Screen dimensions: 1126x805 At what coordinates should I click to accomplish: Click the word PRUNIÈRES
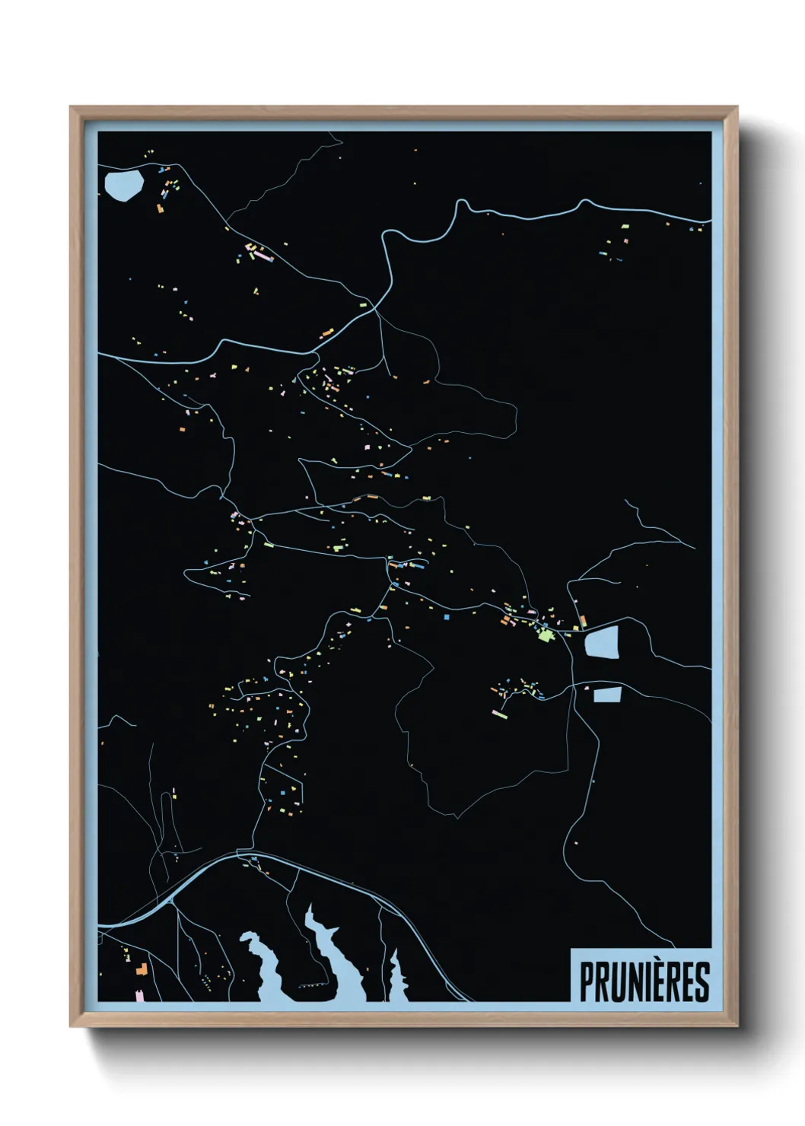(644, 981)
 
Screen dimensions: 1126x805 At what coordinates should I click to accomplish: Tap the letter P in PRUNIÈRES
(587, 981)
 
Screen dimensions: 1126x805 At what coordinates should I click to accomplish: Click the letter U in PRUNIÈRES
(618, 981)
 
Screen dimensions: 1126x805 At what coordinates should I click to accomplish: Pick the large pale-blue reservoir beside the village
(602, 642)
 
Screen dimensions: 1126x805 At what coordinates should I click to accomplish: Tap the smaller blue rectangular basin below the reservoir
(607, 694)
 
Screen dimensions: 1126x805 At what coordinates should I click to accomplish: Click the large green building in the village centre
(545, 634)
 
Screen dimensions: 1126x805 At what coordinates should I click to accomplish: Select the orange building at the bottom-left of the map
(141, 969)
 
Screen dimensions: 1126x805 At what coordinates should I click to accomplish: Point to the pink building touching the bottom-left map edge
(139, 995)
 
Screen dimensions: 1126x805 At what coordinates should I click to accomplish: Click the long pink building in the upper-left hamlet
(262, 256)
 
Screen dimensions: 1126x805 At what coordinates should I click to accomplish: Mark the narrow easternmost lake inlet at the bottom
(395, 978)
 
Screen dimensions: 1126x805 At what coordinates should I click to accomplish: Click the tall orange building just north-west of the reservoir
(583, 622)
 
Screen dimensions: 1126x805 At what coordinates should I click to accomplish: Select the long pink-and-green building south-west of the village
(499, 714)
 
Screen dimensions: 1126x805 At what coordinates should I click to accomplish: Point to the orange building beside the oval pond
(160, 208)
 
